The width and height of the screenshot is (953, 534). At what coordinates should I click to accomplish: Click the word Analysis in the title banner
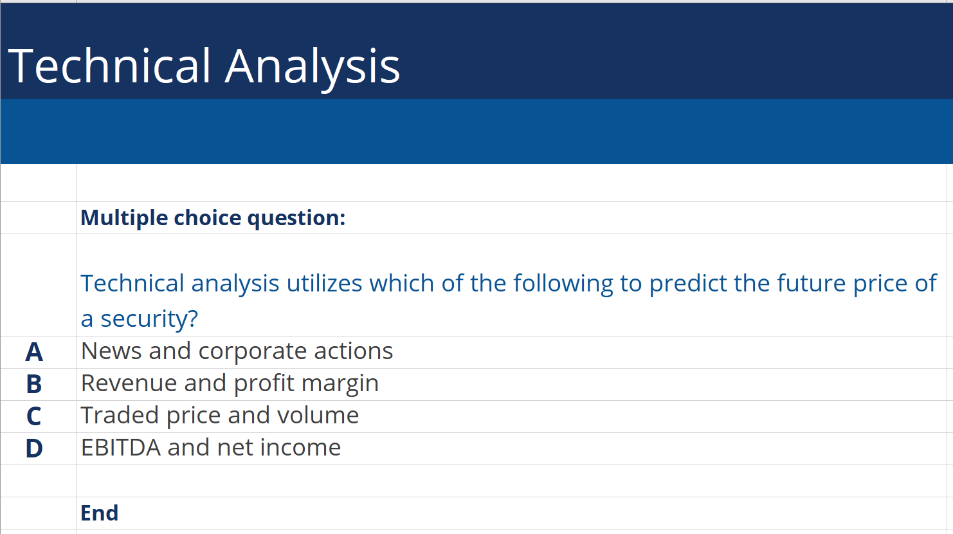pyautogui.click(x=312, y=67)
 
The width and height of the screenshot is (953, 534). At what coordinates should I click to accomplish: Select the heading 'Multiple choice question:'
pyautogui.click(x=213, y=218)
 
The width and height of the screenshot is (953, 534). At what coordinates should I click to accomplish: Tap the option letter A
pyautogui.click(x=34, y=352)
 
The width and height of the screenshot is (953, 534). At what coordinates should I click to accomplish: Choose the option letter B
pyautogui.click(x=34, y=384)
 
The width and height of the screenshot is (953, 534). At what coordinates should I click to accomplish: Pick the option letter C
pyautogui.click(x=34, y=416)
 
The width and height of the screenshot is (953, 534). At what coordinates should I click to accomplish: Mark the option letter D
pyautogui.click(x=34, y=448)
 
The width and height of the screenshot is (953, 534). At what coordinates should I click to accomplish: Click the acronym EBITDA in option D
pyautogui.click(x=120, y=448)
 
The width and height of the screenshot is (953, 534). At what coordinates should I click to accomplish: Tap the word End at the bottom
pyautogui.click(x=99, y=513)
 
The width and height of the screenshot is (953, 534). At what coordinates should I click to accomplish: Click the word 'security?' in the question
pyautogui.click(x=149, y=318)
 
